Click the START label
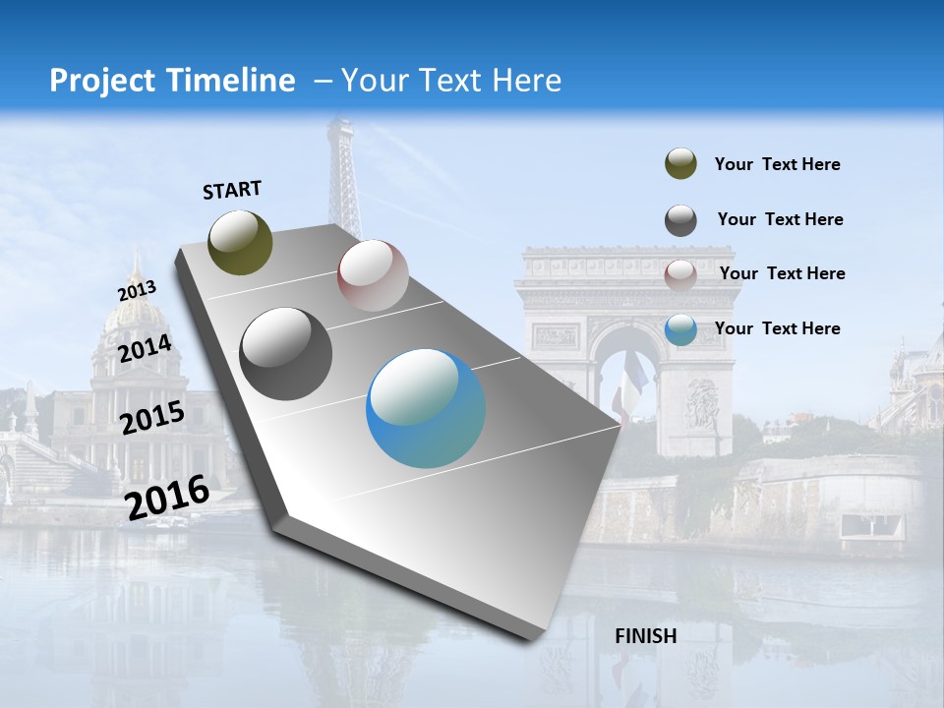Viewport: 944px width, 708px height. (x=232, y=190)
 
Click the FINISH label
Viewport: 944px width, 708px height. (x=645, y=636)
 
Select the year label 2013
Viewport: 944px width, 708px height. (x=137, y=291)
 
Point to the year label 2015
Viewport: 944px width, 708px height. (x=151, y=417)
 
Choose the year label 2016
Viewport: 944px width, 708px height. (x=167, y=497)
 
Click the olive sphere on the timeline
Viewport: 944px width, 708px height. (x=240, y=242)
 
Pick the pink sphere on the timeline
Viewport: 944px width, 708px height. (x=373, y=275)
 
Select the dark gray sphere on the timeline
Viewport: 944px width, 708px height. (x=286, y=353)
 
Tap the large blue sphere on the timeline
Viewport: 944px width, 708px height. (x=426, y=408)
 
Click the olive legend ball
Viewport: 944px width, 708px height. (x=680, y=164)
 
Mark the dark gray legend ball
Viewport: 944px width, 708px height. (x=680, y=220)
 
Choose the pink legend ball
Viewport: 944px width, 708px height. (x=680, y=274)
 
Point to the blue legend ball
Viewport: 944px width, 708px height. (x=680, y=329)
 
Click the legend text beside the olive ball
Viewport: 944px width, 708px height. (x=777, y=165)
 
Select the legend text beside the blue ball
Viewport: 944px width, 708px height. (x=777, y=328)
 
